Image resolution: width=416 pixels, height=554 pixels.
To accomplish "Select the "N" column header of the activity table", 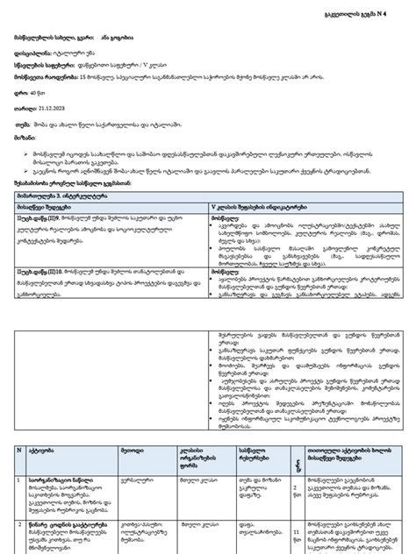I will point(19,449).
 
